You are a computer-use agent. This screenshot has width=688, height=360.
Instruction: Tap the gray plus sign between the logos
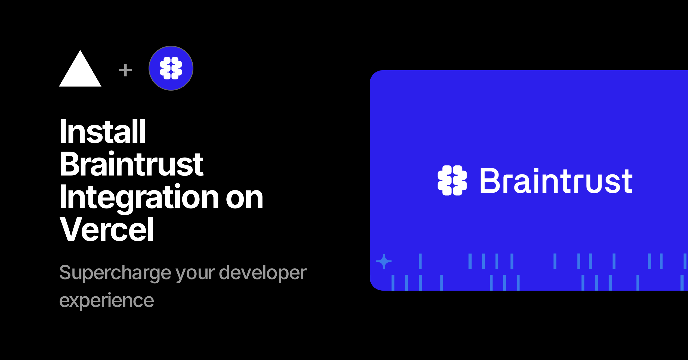[125, 70]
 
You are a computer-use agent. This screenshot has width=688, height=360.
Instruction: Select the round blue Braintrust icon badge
[171, 68]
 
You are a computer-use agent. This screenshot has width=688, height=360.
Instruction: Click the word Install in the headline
[103, 131]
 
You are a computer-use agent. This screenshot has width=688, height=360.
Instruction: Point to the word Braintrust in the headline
[132, 164]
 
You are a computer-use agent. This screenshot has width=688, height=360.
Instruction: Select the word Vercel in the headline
[107, 229]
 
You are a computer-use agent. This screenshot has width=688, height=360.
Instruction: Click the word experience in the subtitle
[107, 301]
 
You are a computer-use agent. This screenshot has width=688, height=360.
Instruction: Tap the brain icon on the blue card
[452, 180]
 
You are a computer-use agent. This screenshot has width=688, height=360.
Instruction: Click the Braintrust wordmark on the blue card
[556, 181]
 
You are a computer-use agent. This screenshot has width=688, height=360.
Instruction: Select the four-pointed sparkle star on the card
[384, 261]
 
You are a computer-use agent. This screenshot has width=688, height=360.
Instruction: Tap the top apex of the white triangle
[80, 50]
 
